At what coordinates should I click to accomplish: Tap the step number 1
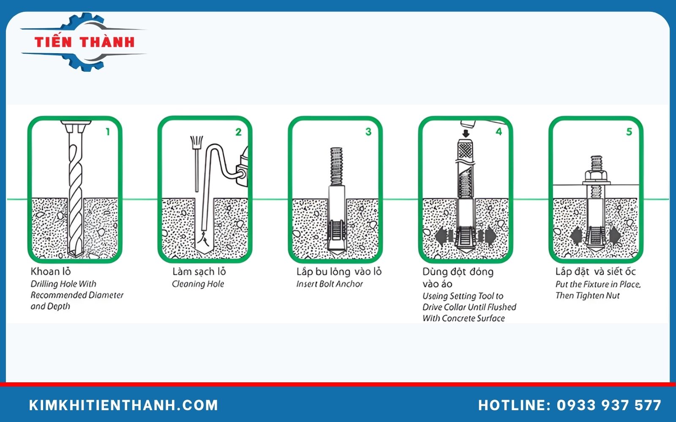[108, 132]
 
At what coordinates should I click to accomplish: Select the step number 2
[238, 132]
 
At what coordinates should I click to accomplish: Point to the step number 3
[368, 132]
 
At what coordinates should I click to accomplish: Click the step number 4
[499, 132]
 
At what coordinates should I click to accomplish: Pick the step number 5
[629, 132]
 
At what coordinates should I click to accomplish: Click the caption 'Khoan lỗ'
[51, 271]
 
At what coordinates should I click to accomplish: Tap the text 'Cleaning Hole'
[198, 284]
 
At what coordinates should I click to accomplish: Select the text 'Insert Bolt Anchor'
[330, 284]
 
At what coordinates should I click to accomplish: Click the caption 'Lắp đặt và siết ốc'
[595, 271]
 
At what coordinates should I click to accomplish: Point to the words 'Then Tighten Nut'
[587, 295]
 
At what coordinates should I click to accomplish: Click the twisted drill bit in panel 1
[76, 190]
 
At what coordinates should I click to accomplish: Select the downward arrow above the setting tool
[466, 134]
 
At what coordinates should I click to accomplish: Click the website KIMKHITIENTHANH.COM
[123, 405]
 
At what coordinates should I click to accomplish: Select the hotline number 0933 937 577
[609, 405]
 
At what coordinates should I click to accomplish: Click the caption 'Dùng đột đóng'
[458, 271]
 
